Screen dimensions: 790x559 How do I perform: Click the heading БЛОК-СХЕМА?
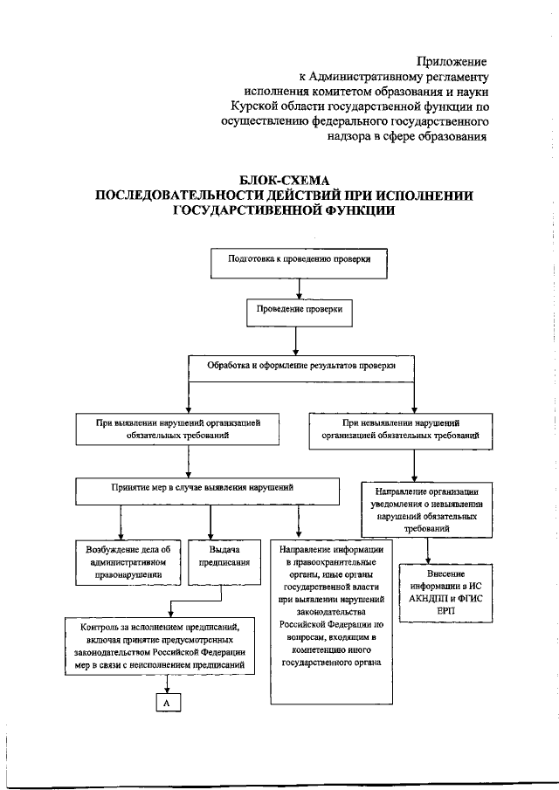click(x=284, y=180)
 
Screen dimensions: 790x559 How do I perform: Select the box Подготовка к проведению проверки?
click(x=299, y=260)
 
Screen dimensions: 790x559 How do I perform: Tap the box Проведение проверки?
click(x=300, y=310)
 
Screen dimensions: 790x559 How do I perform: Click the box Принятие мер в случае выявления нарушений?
click(x=207, y=489)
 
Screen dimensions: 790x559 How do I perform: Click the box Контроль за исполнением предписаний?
click(x=161, y=645)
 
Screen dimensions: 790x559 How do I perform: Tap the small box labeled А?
click(x=167, y=700)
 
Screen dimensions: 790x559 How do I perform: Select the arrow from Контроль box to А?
click(x=167, y=682)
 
